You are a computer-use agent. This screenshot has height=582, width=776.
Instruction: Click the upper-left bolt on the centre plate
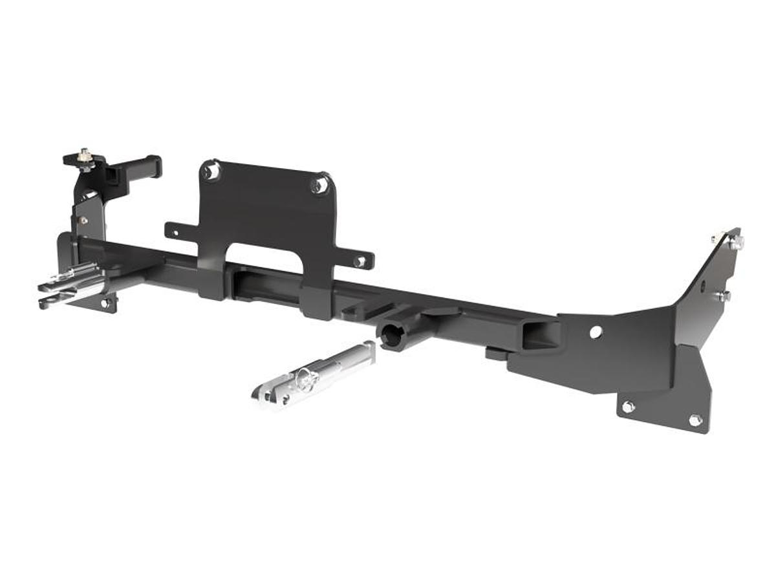210,171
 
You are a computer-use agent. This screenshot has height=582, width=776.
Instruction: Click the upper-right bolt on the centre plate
318,186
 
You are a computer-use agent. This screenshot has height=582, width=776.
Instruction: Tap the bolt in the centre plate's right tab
360,261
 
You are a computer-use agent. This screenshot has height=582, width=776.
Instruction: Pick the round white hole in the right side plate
596,332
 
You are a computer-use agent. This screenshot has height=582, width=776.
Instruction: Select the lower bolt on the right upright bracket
723,296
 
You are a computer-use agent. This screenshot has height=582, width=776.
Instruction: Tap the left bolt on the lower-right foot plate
627,407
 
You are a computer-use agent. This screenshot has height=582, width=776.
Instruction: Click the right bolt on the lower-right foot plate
695,420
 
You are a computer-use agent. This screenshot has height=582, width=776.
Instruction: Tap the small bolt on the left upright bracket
83,220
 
